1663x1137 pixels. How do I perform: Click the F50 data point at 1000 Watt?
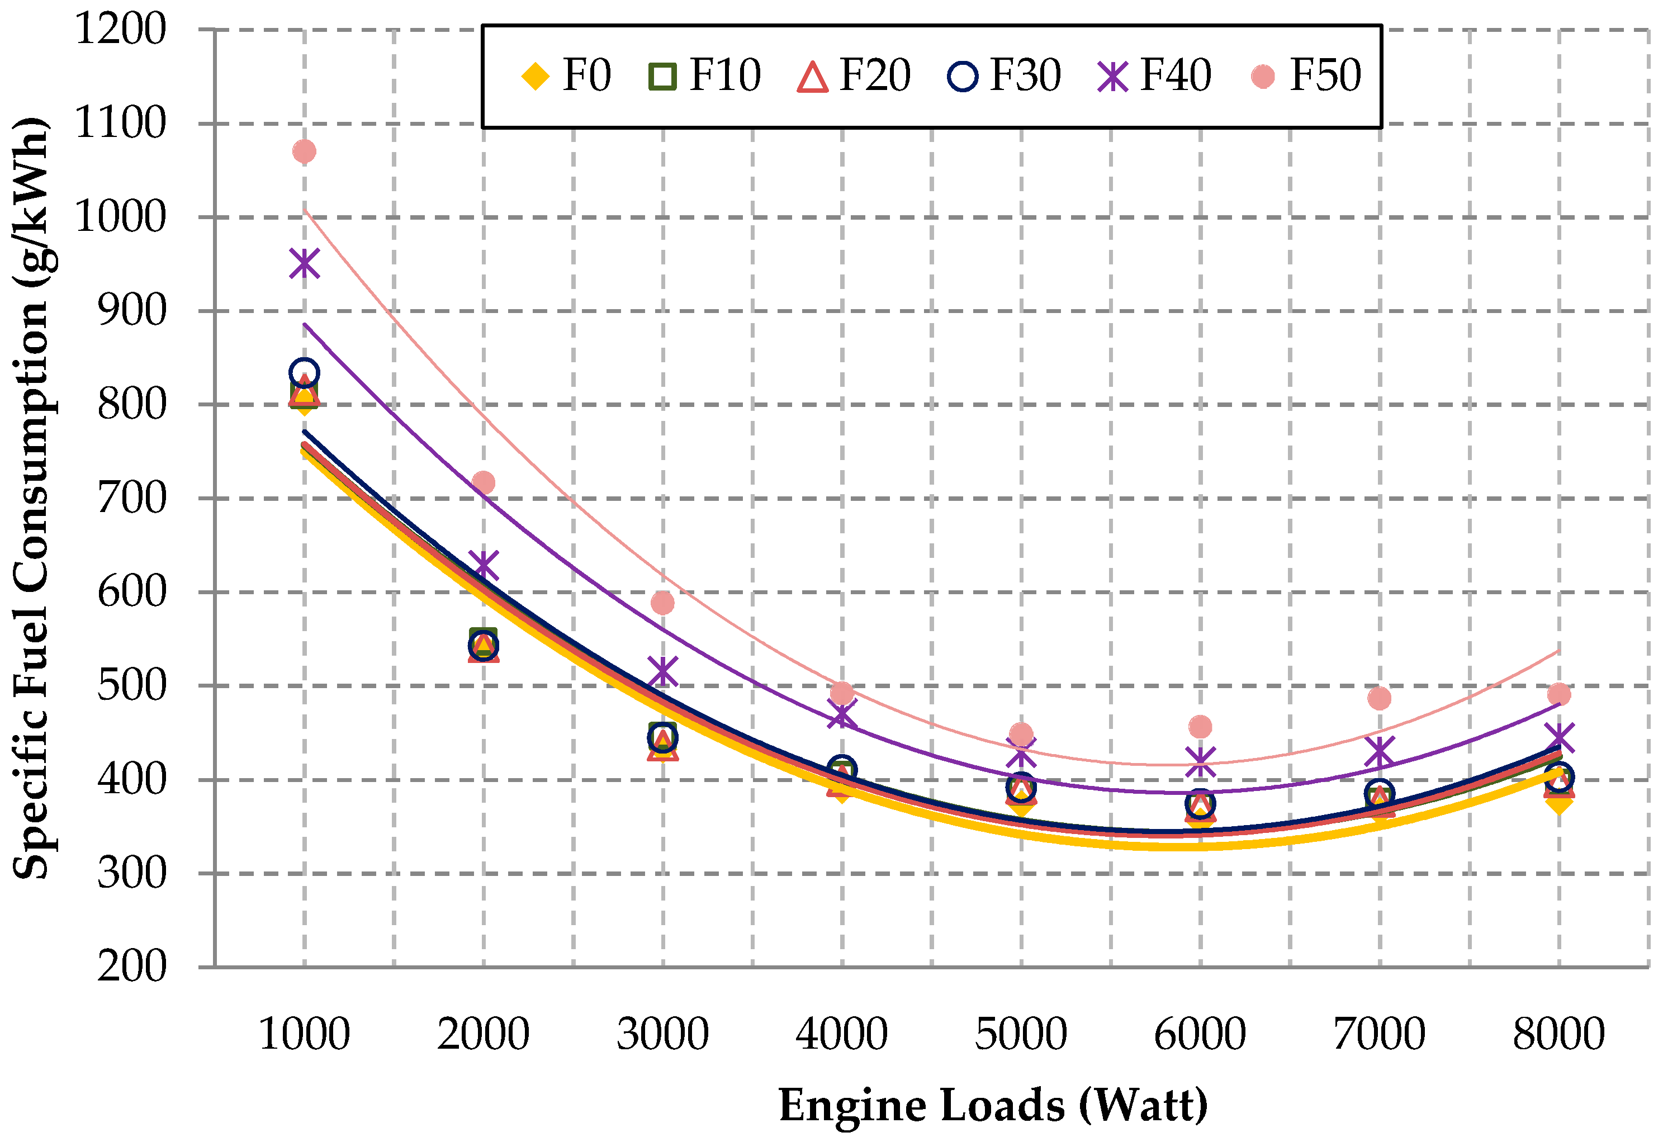[x=304, y=151]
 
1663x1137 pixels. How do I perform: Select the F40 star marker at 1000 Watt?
[x=304, y=263]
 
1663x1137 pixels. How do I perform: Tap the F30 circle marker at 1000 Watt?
[x=304, y=372]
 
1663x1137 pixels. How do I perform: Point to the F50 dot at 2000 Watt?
[x=483, y=482]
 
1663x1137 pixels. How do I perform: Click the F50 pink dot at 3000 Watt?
[x=662, y=603]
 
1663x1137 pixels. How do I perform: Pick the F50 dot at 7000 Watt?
[x=1379, y=698]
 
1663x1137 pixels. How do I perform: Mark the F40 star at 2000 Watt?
[x=484, y=565]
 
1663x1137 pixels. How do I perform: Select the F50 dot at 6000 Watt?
[x=1200, y=726]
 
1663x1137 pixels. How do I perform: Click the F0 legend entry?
[x=566, y=76]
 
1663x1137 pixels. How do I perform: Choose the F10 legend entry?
[x=705, y=76]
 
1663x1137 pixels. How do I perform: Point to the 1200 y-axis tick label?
[x=120, y=30]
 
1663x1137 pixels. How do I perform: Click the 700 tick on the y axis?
[x=132, y=499]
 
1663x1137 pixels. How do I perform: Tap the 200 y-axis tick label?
[x=132, y=968]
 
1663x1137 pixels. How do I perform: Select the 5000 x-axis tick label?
[x=1021, y=1035]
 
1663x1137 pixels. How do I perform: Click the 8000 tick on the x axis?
[x=1558, y=1035]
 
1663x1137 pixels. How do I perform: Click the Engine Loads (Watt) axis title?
[x=993, y=1106]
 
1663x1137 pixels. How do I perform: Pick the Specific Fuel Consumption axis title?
[x=32, y=498]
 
